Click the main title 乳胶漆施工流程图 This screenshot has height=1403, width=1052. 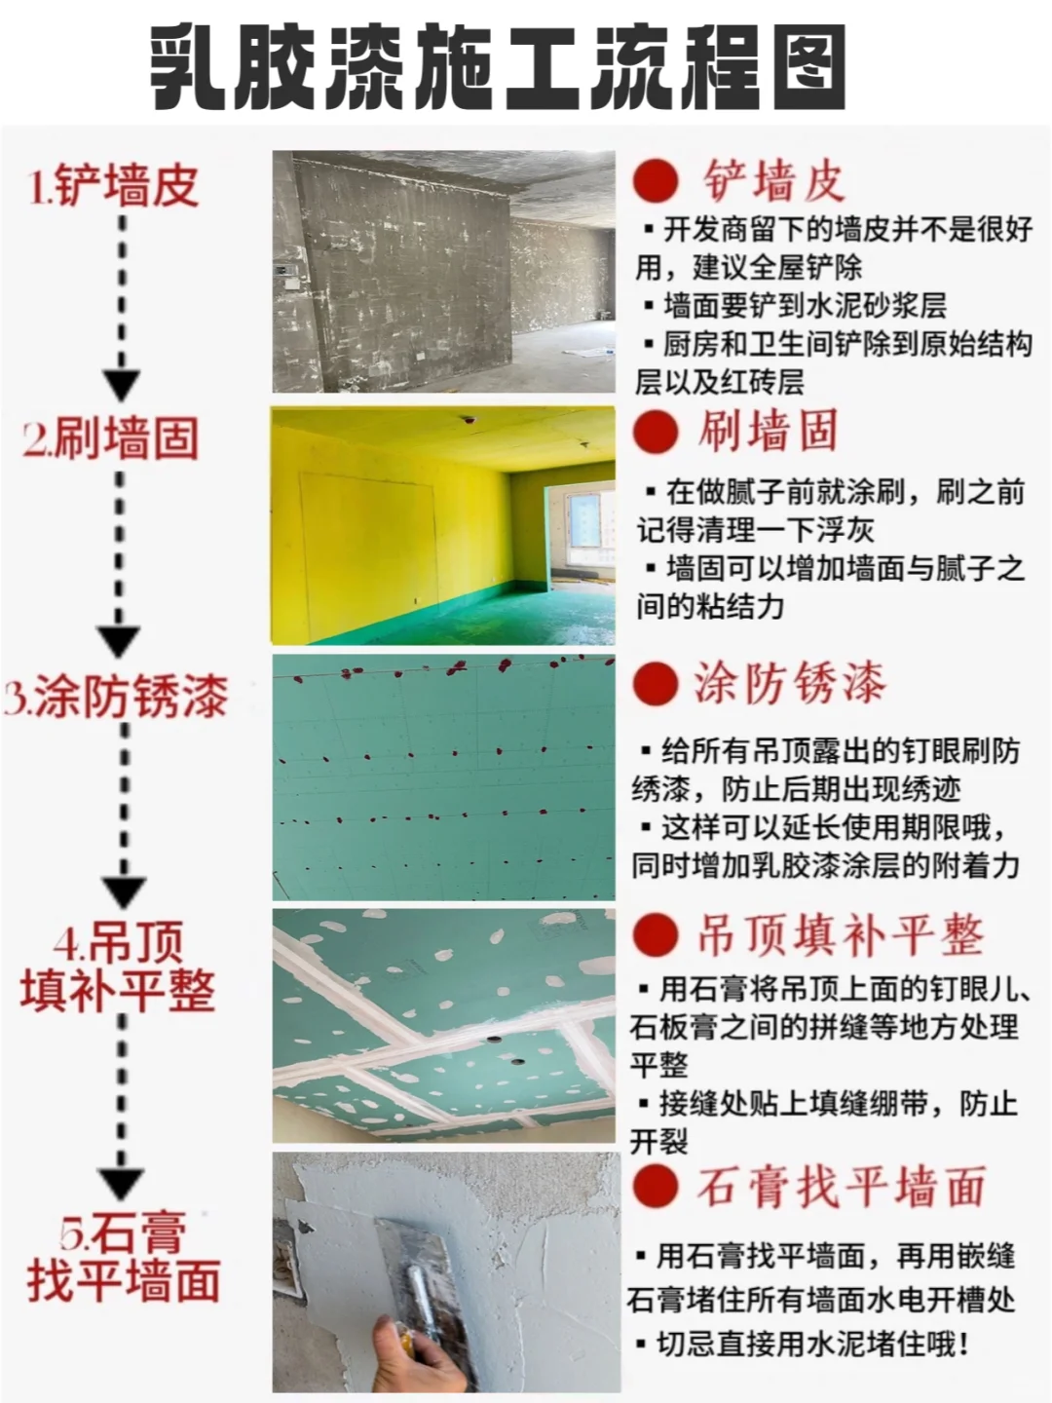tap(497, 66)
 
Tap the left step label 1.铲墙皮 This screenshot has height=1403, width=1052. tap(114, 185)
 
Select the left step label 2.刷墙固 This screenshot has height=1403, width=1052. tap(111, 438)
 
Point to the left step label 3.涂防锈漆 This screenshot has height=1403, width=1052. tap(116, 697)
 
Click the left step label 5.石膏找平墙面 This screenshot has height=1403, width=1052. tap(123, 1258)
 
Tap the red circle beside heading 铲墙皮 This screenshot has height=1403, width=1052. tap(656, 180)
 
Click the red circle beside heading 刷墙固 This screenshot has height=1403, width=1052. tap(656, 431)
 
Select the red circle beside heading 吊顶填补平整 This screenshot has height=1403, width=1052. tap(656, 933)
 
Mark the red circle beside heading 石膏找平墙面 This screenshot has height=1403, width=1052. tap(656, 1187)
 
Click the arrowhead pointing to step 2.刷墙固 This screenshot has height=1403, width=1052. tap(122, 384)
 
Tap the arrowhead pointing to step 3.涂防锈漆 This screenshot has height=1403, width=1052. tap(122, 640)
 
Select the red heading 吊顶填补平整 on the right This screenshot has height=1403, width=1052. tap(840, 934)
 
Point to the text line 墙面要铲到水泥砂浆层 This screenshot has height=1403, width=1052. tap(805, 305)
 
